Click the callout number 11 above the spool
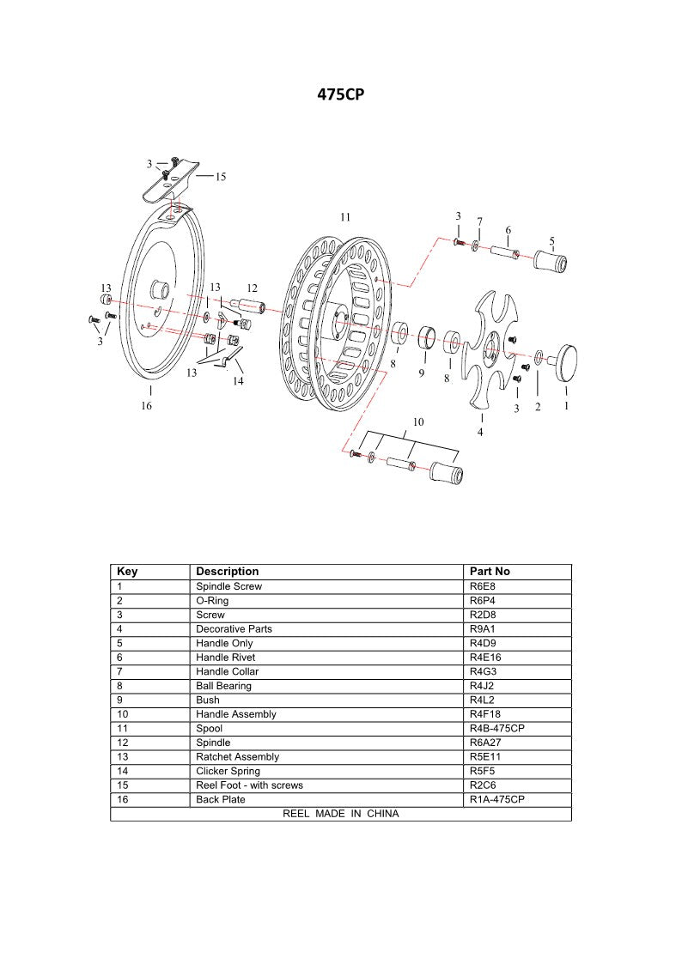(344, 218)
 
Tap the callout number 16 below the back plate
(147, 405)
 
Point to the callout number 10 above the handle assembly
(418, 421)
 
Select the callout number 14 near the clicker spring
(238, 381)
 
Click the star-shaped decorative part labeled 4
(487, 349)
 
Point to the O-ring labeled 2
(538, 356)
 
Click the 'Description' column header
(227, 572)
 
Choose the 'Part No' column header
(490, 572)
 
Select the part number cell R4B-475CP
(496, 728)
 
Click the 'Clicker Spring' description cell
(228, 771)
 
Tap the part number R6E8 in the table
(482, 586)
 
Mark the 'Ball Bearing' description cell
(223, 686)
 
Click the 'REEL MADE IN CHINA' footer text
(340, 814)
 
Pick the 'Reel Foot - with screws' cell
(249, 785)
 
